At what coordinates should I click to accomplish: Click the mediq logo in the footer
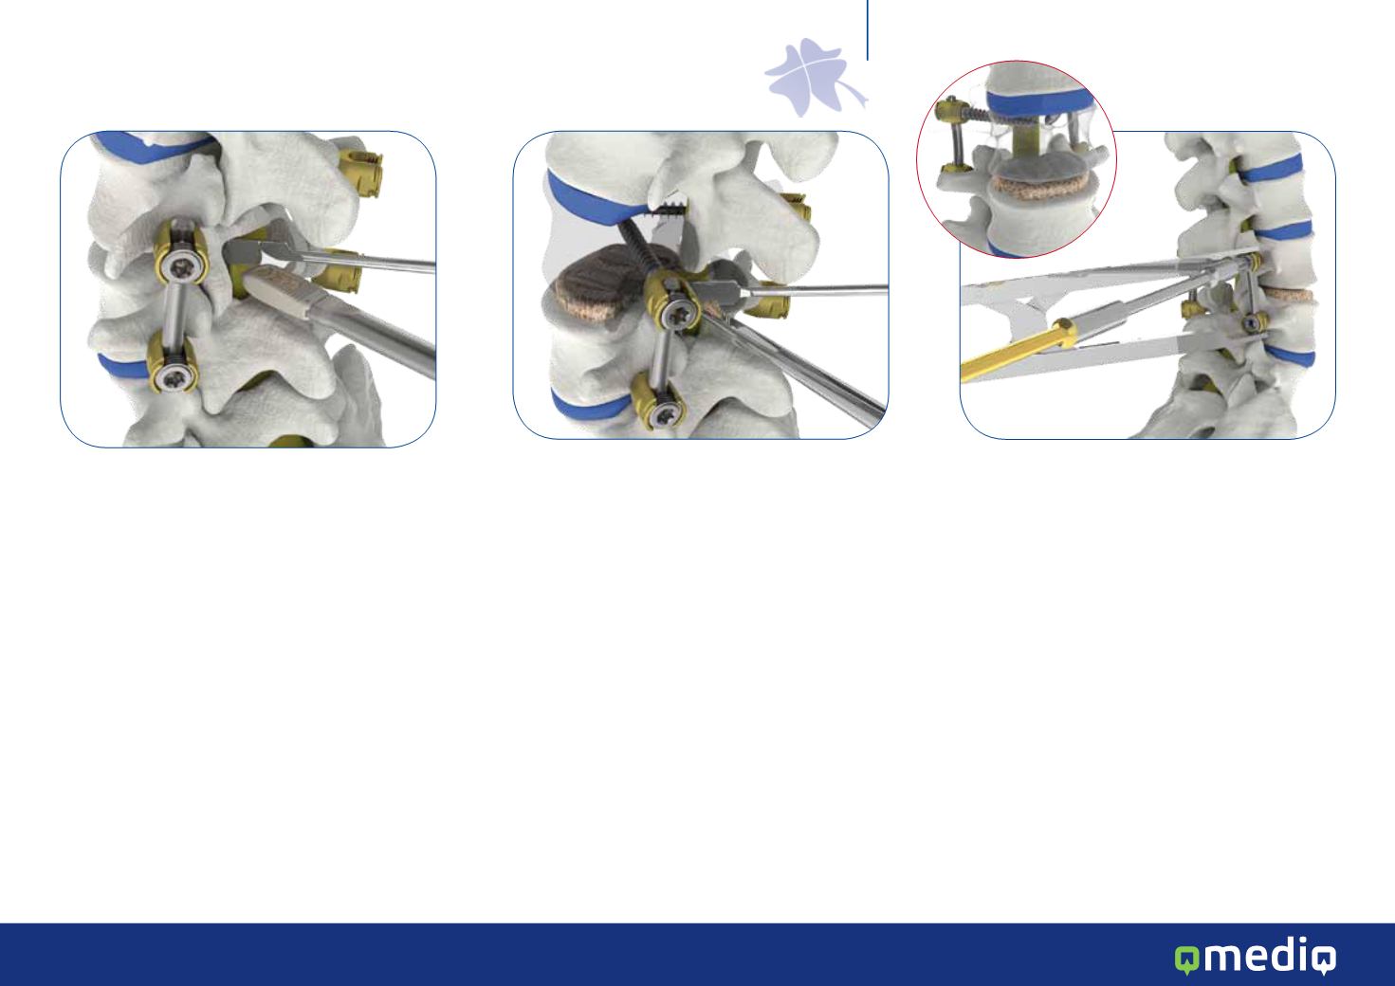[x=1255, y=956]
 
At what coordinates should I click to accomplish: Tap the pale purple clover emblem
[x=816, y=78]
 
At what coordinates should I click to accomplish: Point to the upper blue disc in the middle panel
[x=592, y=200]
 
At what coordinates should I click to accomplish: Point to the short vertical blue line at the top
[x=868, y=30]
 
